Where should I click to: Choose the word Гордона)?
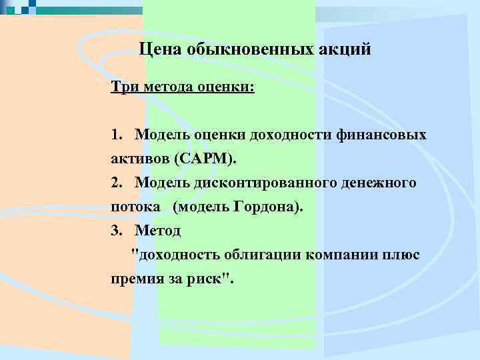point(266,207)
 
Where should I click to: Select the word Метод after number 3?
point(157,230)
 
